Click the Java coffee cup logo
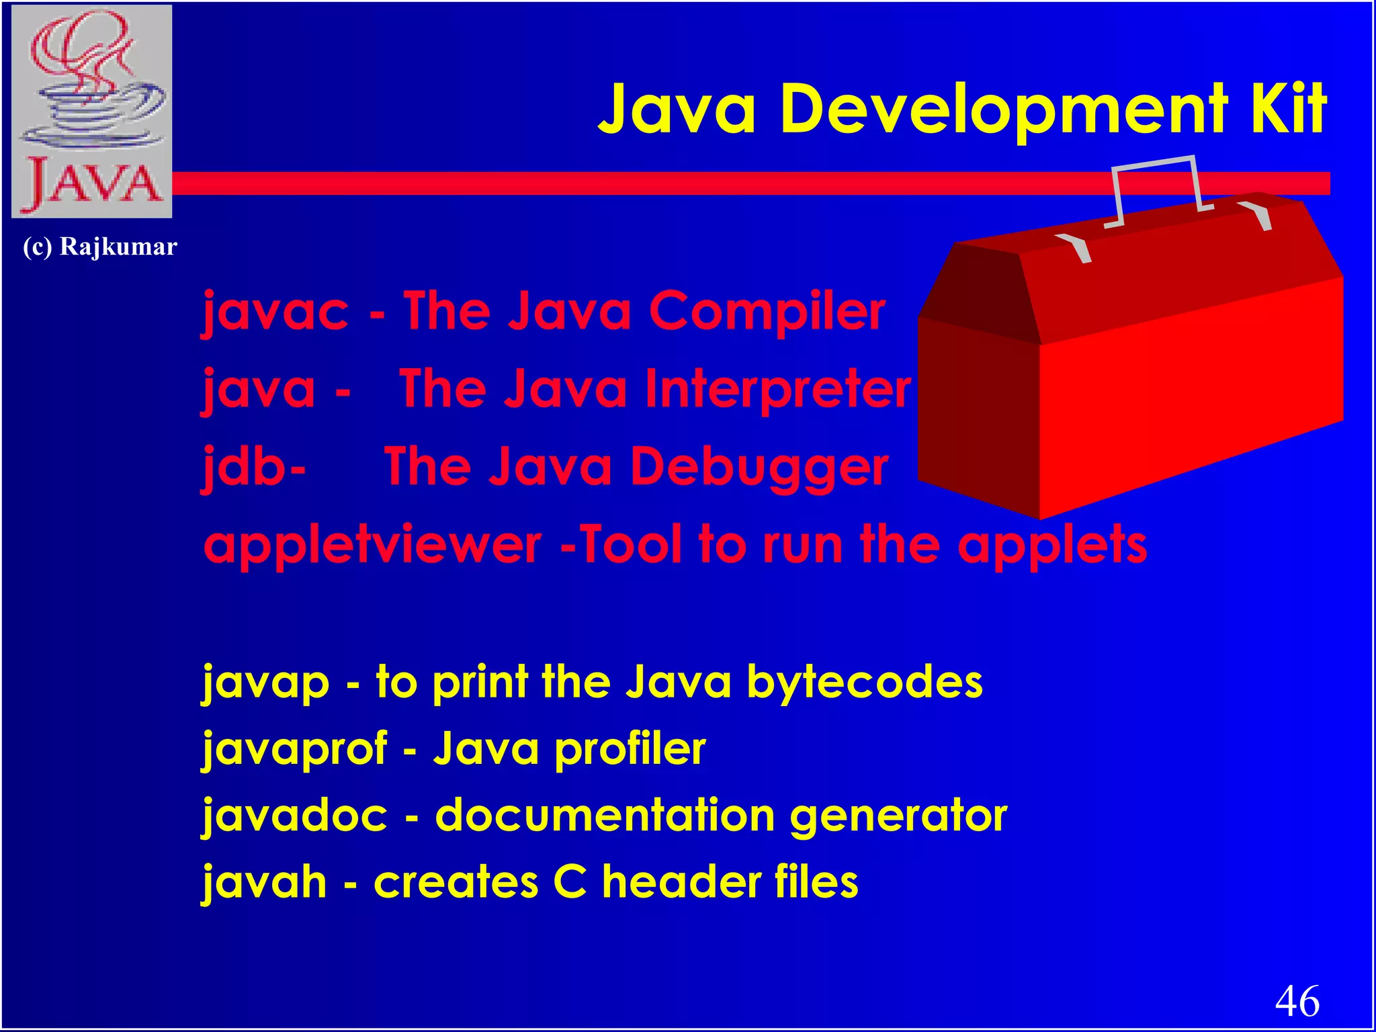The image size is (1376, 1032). [x=92, y=112]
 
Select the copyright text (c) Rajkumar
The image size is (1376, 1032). [x=100, y=247]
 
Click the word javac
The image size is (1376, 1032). [x=275, y=312]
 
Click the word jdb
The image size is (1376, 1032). [x=246, y=467]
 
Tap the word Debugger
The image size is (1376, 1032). [x=759, y=467]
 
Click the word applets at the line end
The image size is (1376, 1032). [x=1052, y=546]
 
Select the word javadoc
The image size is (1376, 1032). [x=295, y=816]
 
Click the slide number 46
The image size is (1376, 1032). [x=1297, y=1002]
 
